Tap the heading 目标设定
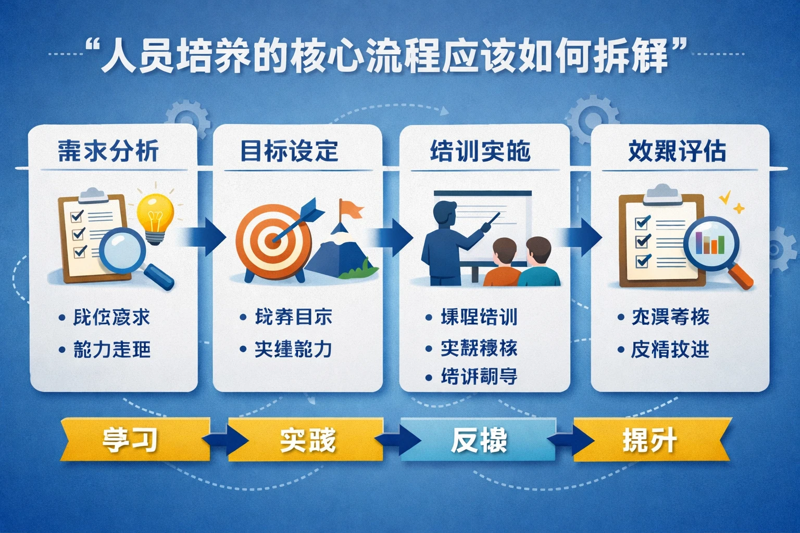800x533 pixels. click(289, 151)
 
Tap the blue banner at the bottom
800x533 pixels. click(478, 440)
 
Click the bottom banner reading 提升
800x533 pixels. click(650, 440)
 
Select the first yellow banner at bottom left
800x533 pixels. click(133, 440)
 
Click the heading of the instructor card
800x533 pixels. click(480, 151)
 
